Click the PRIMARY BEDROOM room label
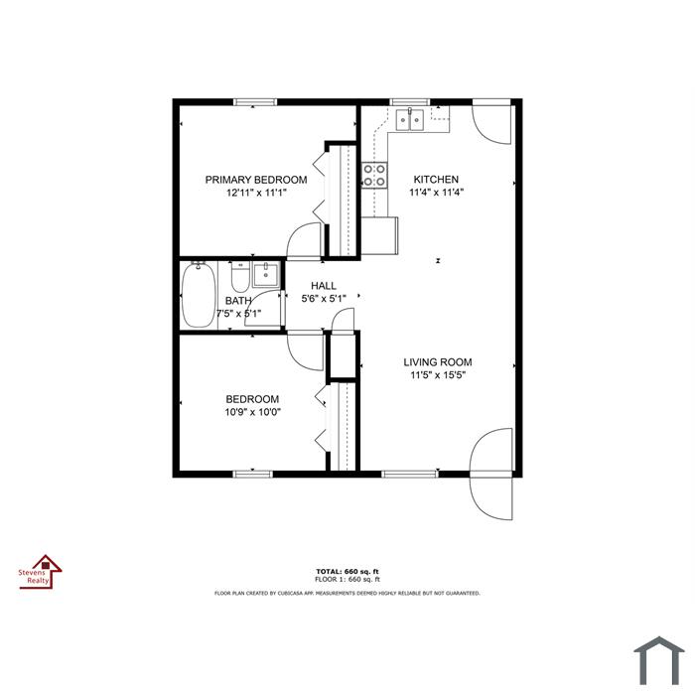[256, 180]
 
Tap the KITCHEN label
[436, 179]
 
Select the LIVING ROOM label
[438, 362]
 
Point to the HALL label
[323, 286]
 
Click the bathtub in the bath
[199, 295]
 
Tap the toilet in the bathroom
[240, 277]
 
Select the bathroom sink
[265, 274]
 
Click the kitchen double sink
[409, 119]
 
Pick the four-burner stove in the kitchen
[374, 175]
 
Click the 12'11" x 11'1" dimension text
[256, 193]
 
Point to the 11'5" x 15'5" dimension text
[438, 375]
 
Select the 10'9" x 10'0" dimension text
[252, 412]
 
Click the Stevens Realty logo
[41, 572]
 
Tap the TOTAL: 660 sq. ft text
[347, 572]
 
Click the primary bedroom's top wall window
[255, 102]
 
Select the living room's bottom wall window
[409, 474]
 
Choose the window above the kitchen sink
[409, 102]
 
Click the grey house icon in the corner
[659, 660]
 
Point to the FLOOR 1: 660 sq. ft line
[347, 579]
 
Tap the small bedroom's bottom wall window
[252, 474]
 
